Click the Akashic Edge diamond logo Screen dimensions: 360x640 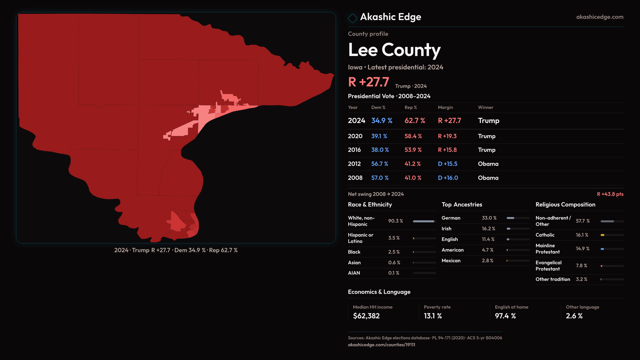click(x=352, y=18)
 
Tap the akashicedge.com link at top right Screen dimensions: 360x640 click(x=599, y=17)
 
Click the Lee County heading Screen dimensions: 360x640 click(x=394, y=50)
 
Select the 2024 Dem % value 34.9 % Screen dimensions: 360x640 click(x=382, y=121)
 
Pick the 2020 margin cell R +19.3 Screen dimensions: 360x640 click(x=447, y=136)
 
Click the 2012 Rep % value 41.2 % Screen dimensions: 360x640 click(x=412, y=164)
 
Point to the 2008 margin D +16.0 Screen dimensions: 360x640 click(x=448, y=178)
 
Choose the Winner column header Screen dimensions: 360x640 click(x=485, y=107)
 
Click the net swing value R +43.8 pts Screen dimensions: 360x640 click(x=610, y=194)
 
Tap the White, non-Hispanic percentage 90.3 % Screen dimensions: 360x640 click(x=395, y=221)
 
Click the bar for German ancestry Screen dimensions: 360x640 click(x=518, y=218)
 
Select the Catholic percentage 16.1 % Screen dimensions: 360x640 click(x=582, y=235)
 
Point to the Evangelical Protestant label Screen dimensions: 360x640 click(x=548, y=266)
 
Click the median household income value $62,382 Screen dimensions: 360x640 click(x=366, y=316)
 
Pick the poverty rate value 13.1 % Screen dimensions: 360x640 click(x=433, y=316)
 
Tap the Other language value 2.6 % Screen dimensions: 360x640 click(x=574, y=316)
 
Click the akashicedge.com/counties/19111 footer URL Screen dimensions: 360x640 click(x=381, y=345)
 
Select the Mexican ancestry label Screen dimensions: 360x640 click(x=451, y=261)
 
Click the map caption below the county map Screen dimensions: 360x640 click(x=176, y=250)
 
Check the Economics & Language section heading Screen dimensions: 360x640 click(x=379, y=292)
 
